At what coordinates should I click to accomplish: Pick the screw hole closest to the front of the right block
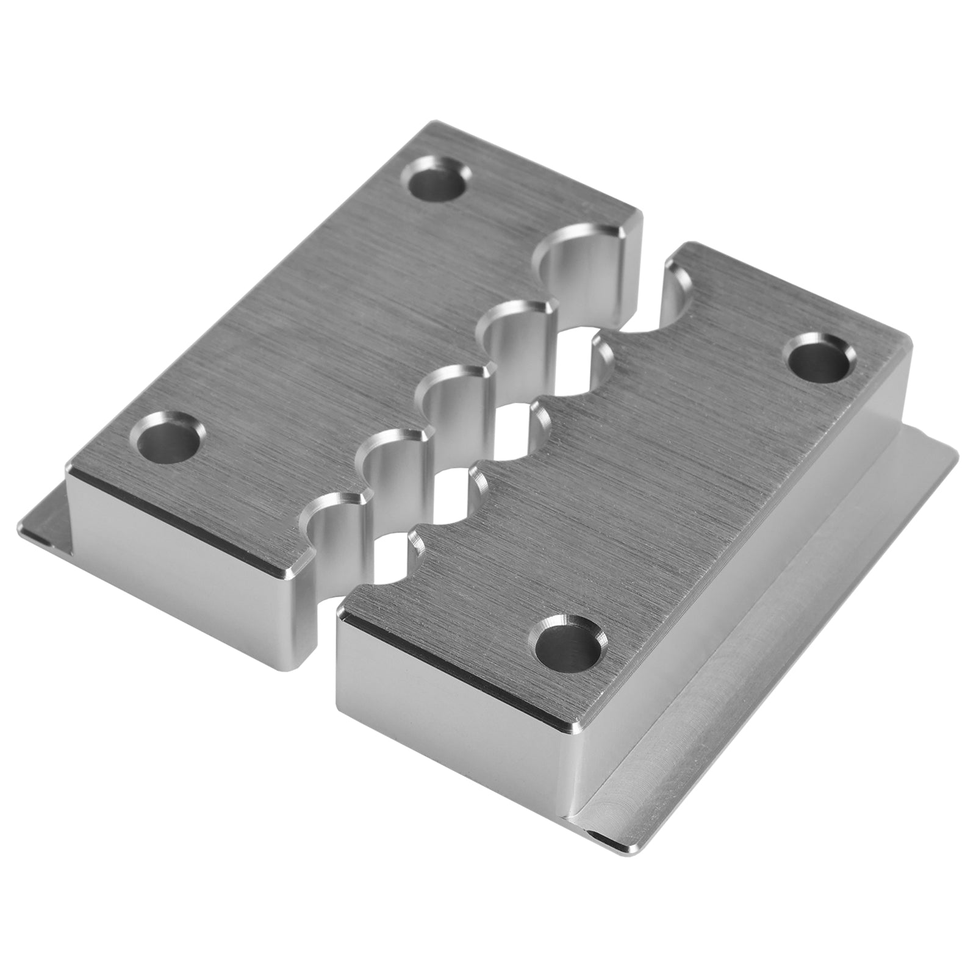567,645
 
